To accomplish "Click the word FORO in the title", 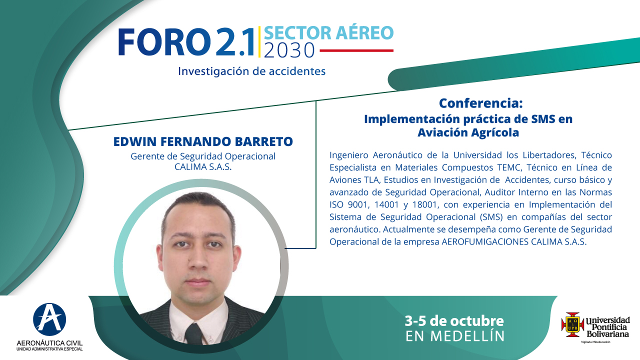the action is [164, 42].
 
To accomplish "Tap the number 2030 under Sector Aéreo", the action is [289, 51].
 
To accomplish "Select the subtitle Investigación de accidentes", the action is [251, 71].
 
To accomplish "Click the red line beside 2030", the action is [356, 50].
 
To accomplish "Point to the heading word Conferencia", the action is [481, 103].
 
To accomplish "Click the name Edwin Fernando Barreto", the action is [203, 141].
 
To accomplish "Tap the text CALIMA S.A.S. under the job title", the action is [203, 167].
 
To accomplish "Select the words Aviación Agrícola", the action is [468, 132].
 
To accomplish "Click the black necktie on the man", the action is [193, 334].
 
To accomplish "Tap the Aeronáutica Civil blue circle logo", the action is [49, 319].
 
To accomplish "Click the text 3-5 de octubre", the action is [454, 321].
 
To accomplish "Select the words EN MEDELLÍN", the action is [455, 336].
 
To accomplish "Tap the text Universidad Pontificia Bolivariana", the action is [608, 327].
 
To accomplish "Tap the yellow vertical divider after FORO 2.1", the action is [259, 42].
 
